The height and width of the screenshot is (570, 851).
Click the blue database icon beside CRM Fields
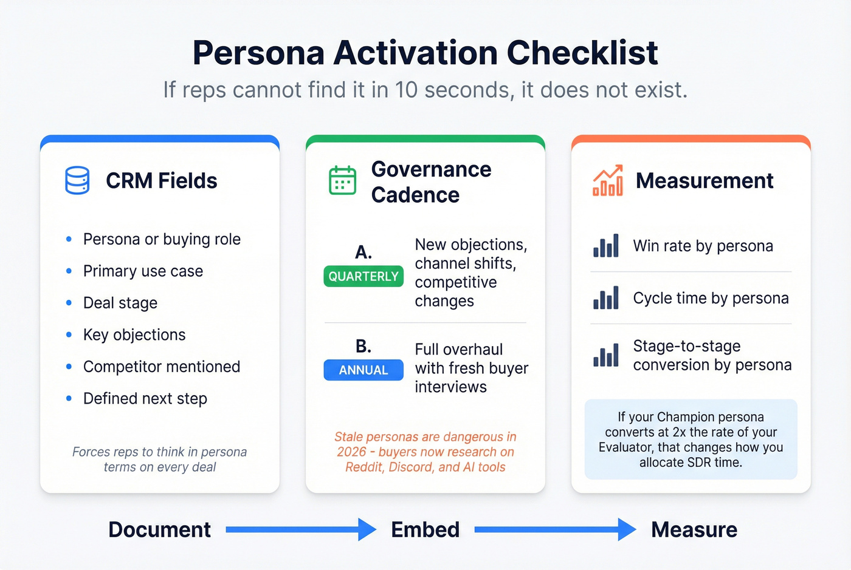[x=77, y=180]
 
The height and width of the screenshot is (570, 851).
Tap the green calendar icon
[x=342, y=180]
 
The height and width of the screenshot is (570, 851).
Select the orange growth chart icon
[x=608, y=180]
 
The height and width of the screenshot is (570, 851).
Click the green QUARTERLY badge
[x=363, y=276]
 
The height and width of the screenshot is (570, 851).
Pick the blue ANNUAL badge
[x=363, y=370]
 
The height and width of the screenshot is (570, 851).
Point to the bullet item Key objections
[x=134, y=334]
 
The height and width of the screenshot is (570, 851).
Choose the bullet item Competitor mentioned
[x=162, y=367]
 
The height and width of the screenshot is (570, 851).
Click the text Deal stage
[x=120, y=303]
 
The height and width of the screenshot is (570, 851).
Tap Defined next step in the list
[x=145, y=399]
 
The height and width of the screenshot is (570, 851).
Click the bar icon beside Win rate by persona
[x=606, y=246]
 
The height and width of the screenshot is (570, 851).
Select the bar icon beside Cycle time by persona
[x=606, y=298]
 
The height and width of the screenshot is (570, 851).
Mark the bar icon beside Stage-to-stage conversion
[x=606, y=355]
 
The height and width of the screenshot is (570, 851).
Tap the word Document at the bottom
[x=160, y=530]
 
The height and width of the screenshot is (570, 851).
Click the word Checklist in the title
[x=582, y=53]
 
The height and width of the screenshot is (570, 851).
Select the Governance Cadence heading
[x=431, y=182]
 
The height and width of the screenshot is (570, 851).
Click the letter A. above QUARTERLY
[x=363, y=252]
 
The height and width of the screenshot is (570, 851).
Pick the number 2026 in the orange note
[x=351, y=452]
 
